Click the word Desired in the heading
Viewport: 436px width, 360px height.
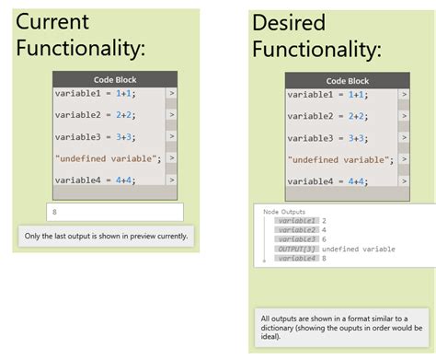point(289,22)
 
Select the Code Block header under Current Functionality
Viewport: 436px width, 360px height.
point(114,79)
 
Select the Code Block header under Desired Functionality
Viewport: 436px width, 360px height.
point(347,80)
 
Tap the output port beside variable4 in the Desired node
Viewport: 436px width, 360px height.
point(403,181)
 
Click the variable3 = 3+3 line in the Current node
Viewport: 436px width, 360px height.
point(95,136)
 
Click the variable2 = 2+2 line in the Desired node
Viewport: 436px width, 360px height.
point(327,115)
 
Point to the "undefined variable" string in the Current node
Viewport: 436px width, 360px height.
point(108,158)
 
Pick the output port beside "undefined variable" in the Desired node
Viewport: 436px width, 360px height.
point(403,159)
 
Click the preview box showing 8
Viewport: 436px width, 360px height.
point(114,212)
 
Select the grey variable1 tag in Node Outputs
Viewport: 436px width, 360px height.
point(296,221)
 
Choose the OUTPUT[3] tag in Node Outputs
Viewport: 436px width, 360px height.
point(296,249)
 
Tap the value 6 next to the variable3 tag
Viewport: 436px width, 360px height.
point(325,239)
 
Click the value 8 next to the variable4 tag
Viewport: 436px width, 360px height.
point(325,258)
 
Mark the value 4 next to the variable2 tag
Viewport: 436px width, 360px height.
point(325,230)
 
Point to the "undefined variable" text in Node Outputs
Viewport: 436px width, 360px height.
point(359,249)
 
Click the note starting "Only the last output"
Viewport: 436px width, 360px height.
point(106,237)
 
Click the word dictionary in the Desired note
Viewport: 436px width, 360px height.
point(282,327)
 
